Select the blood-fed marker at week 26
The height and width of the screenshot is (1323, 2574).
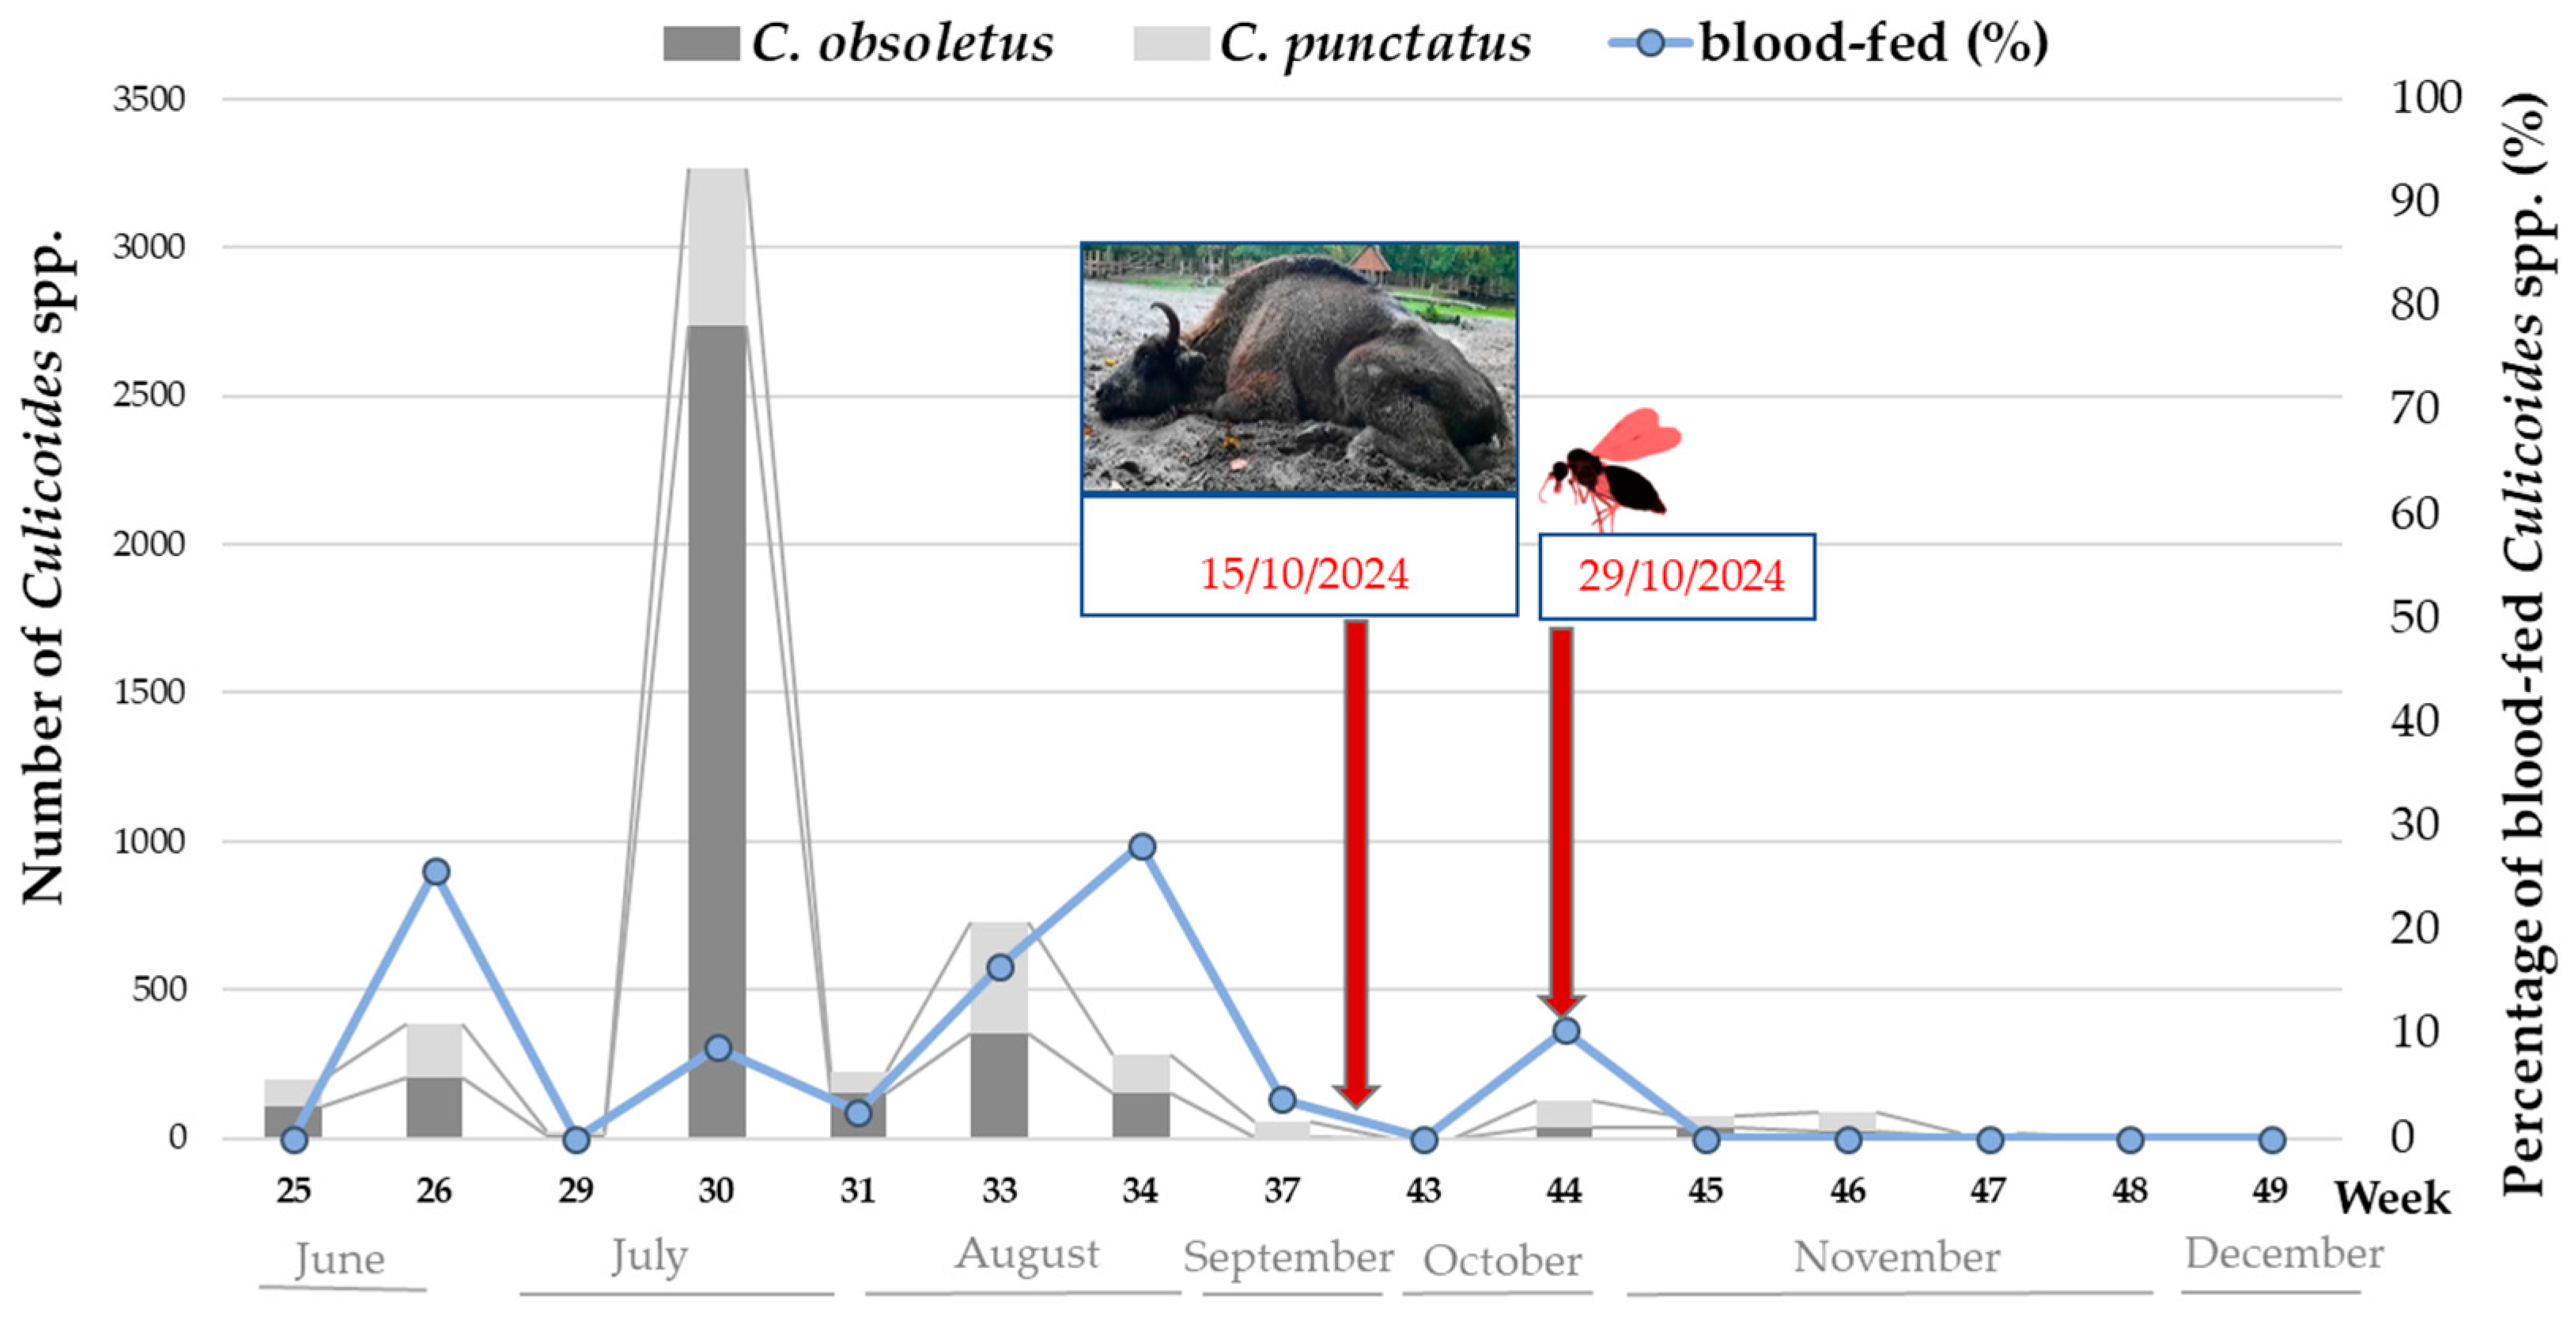[x=435, y=872]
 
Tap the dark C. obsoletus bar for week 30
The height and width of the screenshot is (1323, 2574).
[x=717, y=729]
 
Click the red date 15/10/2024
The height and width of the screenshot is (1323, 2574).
[x=1303, y=575]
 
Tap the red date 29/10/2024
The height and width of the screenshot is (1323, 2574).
[x=1680, y=576]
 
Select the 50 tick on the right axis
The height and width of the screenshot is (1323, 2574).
[x=2415, y=617]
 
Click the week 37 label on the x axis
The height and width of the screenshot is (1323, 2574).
[x=1282, y=1190]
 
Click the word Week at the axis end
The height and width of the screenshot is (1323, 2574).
[x=2391, y=1198]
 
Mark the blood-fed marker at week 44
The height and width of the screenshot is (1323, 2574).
[x=1566, y=1031]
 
